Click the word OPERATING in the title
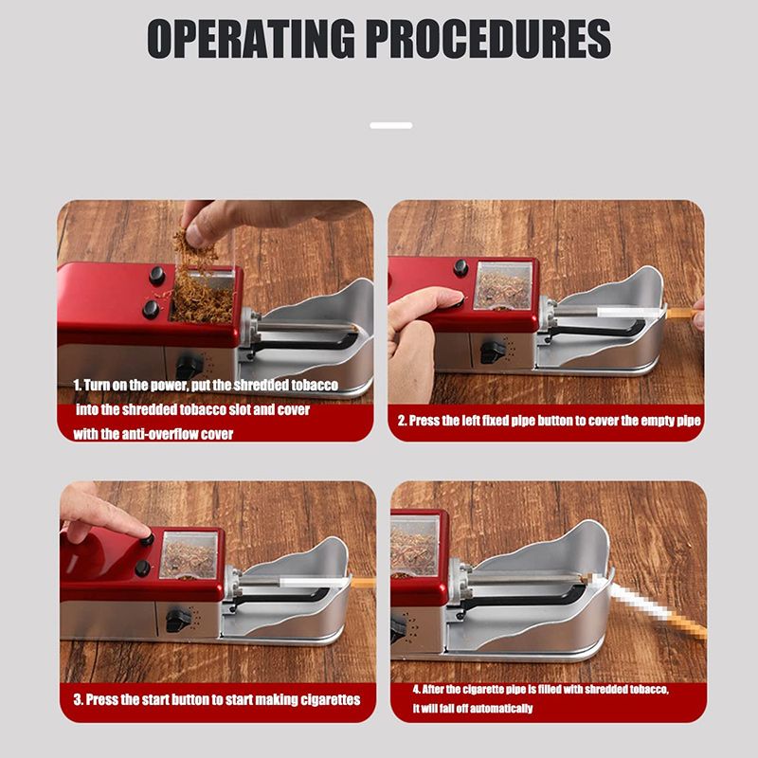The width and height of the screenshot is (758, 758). (x=250, y=39)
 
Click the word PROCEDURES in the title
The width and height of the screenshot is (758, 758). (x=489, y=39)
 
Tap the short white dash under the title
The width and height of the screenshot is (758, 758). (x=391, y=125)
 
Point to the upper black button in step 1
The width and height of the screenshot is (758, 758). (x=157, y=276)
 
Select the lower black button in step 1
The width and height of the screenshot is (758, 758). (x=151, y=309)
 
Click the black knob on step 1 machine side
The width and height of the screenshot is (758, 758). (x=189, y=367)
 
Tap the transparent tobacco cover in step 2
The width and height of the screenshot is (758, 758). (x=503, y=285)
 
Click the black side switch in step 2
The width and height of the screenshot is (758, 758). (x=492, y=352)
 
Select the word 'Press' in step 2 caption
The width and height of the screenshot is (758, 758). (x=427, y=421)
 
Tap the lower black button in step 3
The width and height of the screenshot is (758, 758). (x=143, y=568)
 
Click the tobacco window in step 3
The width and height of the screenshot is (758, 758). (x=189, y=554)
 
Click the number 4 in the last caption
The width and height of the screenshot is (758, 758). (x=416, y=690)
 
